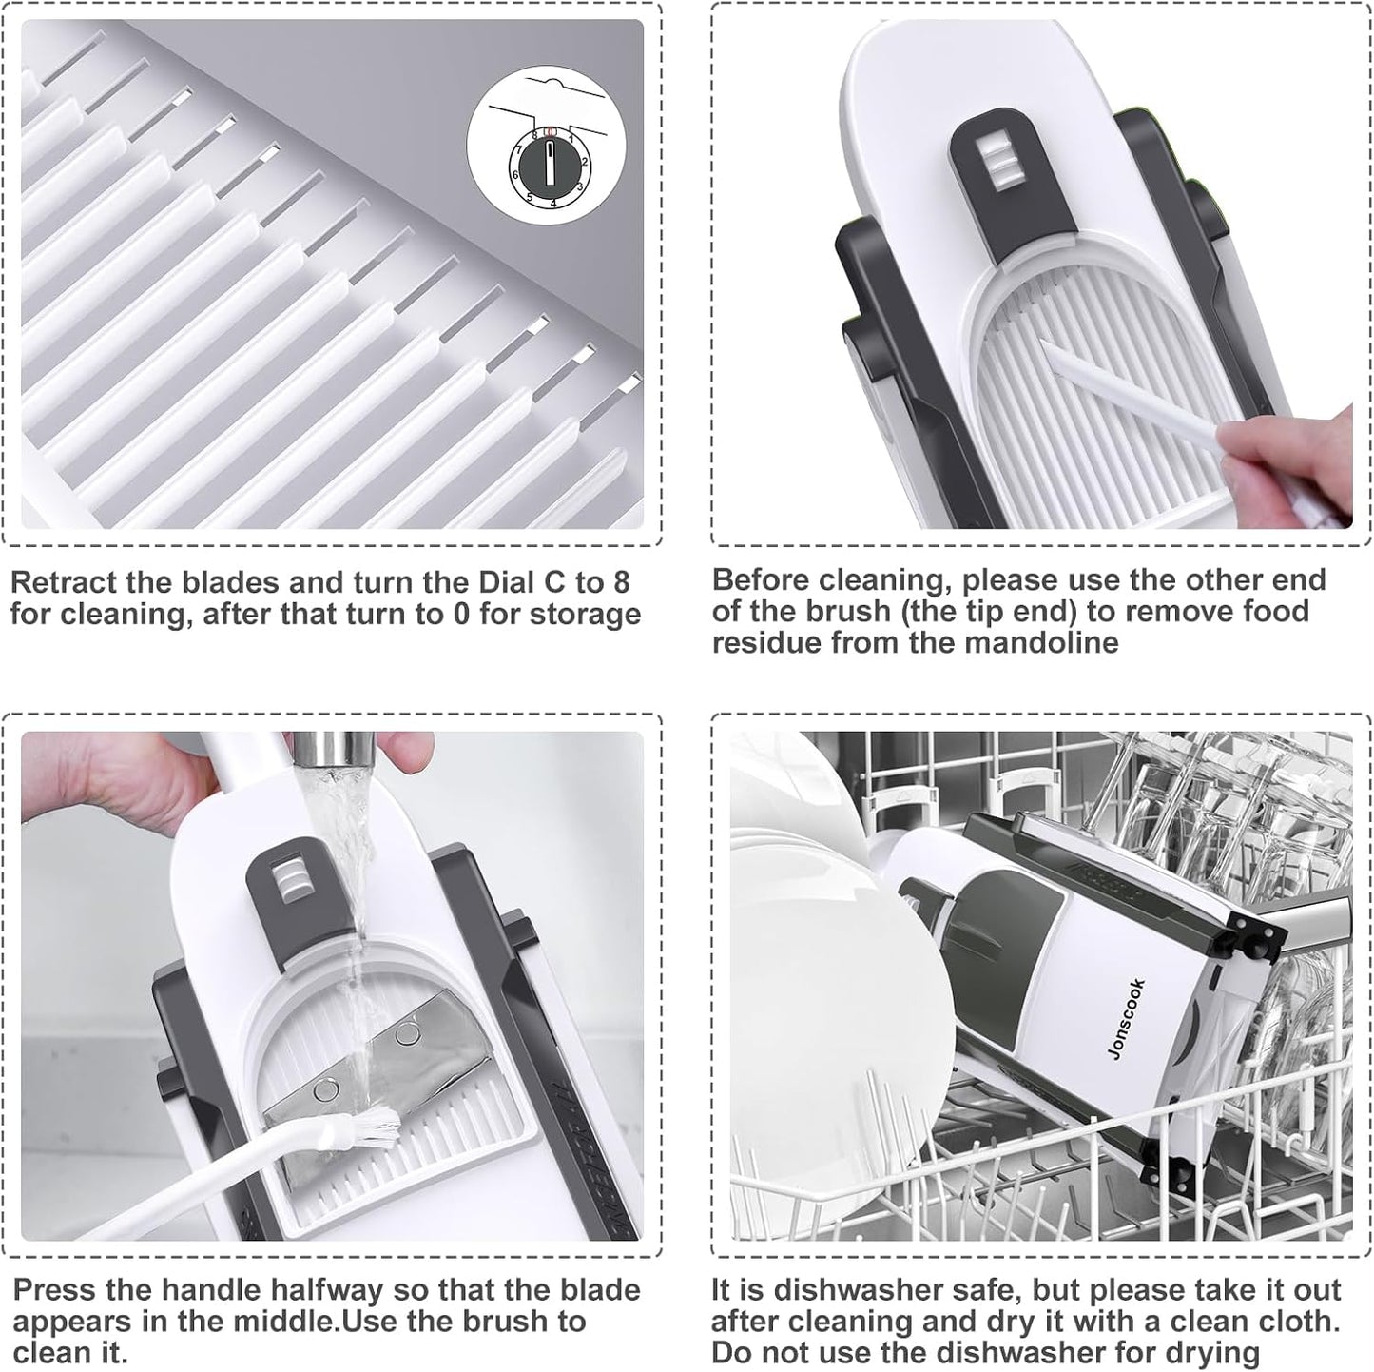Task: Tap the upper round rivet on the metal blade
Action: [x=406, y=1033]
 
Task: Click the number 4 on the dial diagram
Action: [x=553, y=203]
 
